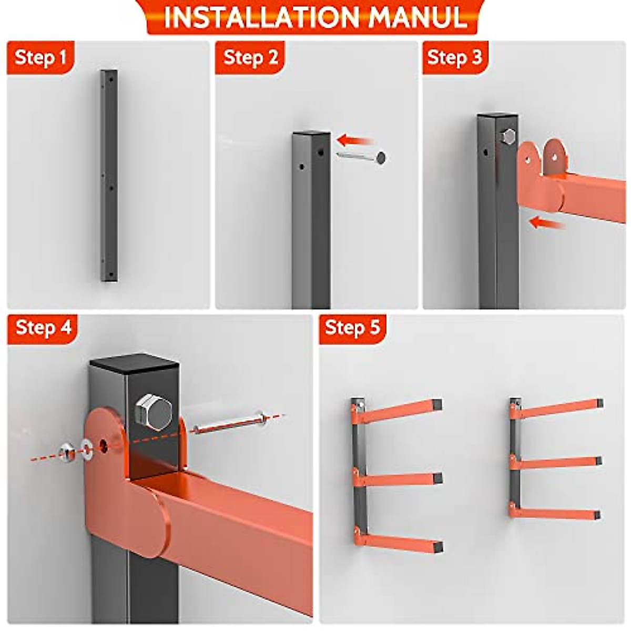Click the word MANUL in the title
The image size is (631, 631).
418,16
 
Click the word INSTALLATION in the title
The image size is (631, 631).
261,16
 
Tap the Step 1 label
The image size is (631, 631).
40,58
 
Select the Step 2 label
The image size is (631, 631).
251,58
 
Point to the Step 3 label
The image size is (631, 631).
454,58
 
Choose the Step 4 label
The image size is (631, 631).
43,328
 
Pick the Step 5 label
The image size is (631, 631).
353,328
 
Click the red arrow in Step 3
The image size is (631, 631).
547,223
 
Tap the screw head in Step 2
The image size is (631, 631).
381,158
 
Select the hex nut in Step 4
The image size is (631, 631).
66,452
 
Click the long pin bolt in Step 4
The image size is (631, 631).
230,424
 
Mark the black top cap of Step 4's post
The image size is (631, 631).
134,364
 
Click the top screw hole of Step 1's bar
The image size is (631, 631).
111,79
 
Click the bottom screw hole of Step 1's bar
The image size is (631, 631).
111,274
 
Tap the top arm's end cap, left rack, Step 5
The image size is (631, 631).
437,405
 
